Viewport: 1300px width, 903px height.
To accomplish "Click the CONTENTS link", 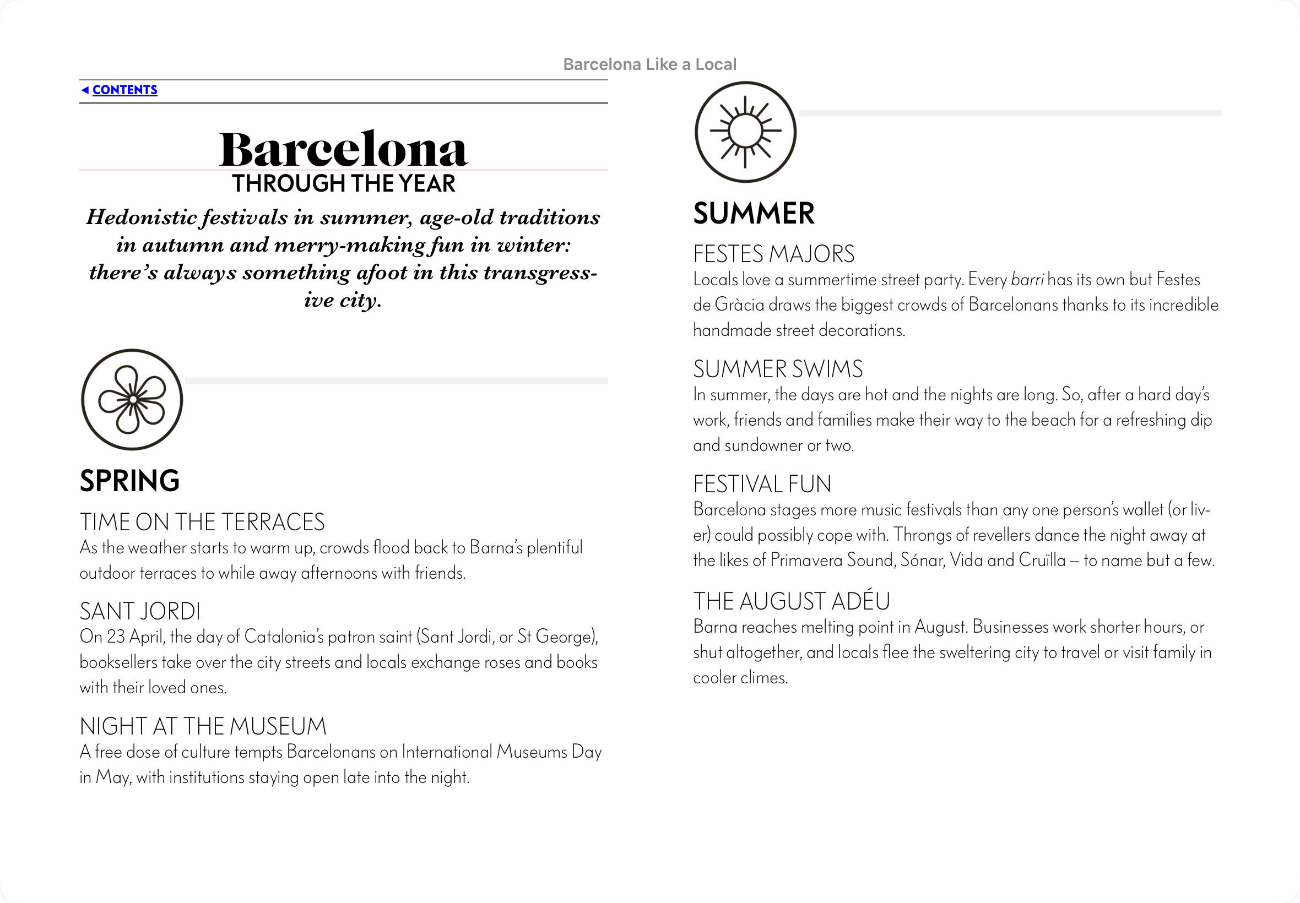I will tap(124, 90).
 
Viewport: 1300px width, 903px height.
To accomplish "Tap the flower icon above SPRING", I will tap(132, 399).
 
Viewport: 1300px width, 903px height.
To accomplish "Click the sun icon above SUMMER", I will tap(745, 132).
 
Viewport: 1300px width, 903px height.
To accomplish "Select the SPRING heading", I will tap(129, 481).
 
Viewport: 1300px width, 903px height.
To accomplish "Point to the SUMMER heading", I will tap(754, 213).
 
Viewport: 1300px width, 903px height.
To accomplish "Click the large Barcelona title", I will tap(343, 149).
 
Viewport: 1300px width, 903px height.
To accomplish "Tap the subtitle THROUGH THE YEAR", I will tap(344, 184).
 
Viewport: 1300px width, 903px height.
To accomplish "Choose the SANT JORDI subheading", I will tap(140, 611).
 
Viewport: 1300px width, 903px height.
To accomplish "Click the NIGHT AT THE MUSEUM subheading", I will tap(203, 726).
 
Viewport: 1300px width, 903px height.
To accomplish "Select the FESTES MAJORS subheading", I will tap(773, 254).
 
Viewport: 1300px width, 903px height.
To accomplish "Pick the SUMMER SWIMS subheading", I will tap(778, 369).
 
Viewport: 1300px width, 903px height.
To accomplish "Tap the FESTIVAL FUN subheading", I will tap(762, 485).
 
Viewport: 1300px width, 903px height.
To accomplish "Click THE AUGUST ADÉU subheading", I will tap(791, 601).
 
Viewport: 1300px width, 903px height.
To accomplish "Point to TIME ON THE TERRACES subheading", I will tap(202, 521).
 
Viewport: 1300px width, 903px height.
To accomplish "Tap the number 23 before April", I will tap(116, 637).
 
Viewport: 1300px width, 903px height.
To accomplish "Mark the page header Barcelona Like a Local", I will tap(649, 64).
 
